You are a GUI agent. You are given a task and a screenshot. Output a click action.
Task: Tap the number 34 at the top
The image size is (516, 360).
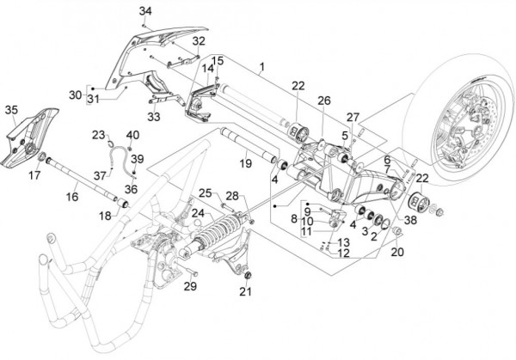[x=144, y=10]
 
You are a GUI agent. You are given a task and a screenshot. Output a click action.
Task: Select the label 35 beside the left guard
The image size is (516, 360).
[x=11, y=110]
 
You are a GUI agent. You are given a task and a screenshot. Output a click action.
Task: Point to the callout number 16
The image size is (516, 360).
[x=71, y=197]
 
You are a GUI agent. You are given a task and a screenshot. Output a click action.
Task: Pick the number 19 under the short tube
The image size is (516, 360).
[x=244, y=161]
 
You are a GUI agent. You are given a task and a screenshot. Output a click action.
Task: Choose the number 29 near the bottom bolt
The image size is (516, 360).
[x=191, y=286]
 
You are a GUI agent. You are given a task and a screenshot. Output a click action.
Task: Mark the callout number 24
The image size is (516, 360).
[x=197, y=213]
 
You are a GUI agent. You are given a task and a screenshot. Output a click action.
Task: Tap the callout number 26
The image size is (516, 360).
[x=323, y=101]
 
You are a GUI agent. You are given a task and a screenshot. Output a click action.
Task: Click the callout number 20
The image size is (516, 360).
[x=396, y=252]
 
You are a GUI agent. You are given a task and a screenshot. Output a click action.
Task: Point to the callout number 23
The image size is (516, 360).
[x=99, y=135]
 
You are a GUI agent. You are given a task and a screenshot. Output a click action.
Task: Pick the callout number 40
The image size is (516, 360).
[x=132, y=135]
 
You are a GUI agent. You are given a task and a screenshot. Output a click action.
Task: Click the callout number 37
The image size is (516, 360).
[x=101, y=174]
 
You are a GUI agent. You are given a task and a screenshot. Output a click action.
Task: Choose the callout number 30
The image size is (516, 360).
[x=74, y=95]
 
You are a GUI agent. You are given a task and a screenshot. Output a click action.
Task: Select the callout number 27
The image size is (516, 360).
[x=353, y=117]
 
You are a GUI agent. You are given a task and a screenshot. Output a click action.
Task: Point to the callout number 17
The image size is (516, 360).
[x=34, y=174]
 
